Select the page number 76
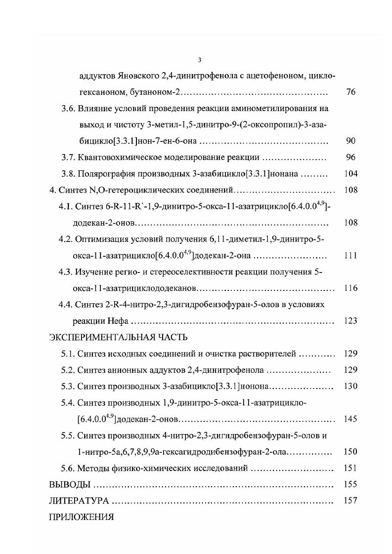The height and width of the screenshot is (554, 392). click(350, 92)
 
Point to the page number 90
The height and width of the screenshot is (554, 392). click(350, 141)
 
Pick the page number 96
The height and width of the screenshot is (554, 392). click(350, 158)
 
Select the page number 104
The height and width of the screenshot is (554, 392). click(350, 174)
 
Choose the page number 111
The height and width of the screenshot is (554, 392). click(350, 256)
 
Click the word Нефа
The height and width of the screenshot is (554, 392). click(117, 321)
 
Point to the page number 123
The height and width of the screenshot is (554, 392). click(350, 321)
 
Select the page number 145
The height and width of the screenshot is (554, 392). click(350, 419)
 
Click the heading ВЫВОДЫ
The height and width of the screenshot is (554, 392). click(70, 484)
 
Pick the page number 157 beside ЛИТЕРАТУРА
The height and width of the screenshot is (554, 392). click(350, 501)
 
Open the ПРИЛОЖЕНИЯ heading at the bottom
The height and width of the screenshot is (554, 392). click(81, 517)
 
